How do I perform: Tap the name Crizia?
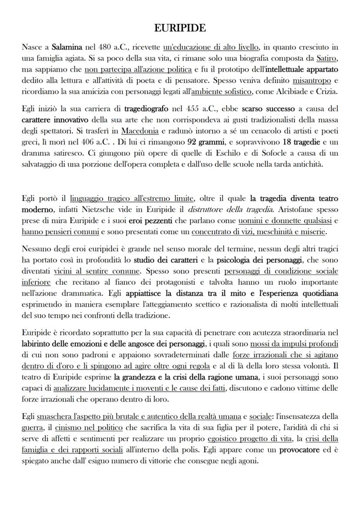tap(327, 92)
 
